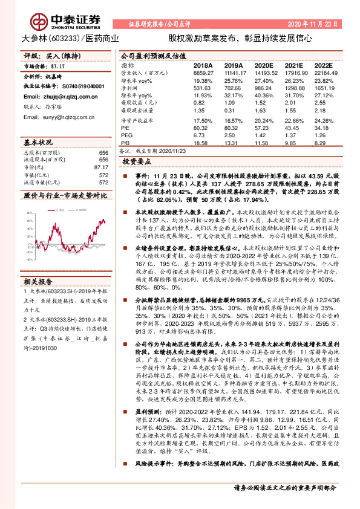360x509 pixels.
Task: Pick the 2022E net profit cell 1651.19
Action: pos(324,88)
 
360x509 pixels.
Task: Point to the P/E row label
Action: pos(126,128)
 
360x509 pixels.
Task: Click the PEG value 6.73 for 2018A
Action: pos(200,135)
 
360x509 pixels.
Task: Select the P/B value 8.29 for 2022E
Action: pos(322,143)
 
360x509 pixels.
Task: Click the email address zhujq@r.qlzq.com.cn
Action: pos(67,96)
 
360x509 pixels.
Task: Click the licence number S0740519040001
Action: pos(82,87)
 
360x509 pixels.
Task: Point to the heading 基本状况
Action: pos(38,142)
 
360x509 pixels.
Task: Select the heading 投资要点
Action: pos(136,163)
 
